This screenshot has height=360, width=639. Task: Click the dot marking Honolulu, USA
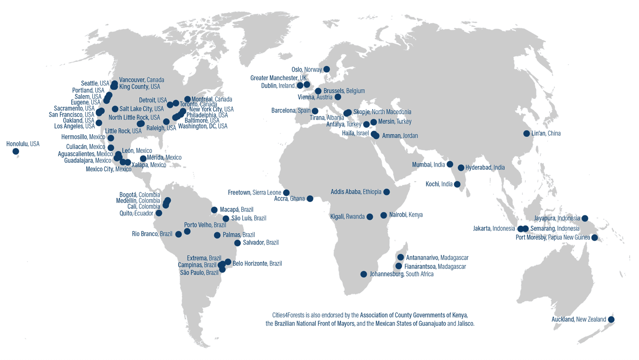tap(16, 152)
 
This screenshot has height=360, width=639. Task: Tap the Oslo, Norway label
tap(307, 69)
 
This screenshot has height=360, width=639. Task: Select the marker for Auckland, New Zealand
tap(611, 320)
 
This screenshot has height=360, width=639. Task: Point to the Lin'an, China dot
tap(526, 134)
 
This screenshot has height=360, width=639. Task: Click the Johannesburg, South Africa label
tap(401, 274)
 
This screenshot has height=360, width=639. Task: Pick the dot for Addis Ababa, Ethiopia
tap(387, 192)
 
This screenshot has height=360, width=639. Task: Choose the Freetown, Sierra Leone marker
tap(286, 193)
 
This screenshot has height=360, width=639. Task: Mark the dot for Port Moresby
tap(595, 238)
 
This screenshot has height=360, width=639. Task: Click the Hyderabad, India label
tap(485, 168)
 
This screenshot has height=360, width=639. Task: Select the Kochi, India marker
tap(457, 184)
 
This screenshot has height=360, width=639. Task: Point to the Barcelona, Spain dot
tap(315, 111)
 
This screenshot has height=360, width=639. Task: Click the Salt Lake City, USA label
tap(141, 109)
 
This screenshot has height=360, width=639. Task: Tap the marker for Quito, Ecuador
tap(159, 213)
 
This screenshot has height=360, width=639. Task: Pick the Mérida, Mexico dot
tap(143, 159)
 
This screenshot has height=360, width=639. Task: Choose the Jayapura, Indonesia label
tap(557, 218)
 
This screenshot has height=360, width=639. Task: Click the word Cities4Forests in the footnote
tap(288, 315)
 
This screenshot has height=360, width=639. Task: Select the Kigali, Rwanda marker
tap(370, 217)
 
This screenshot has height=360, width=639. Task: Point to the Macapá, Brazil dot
tap(214, 210)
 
